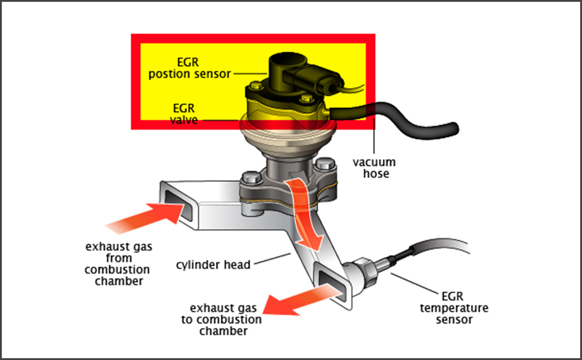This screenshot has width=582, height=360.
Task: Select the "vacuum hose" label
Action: (x=374, y=168)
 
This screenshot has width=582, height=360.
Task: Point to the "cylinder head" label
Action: (x=214, y=265)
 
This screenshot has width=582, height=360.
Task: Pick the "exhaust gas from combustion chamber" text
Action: (x=118, y=264)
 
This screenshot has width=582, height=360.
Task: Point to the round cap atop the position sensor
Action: (x=287, y=60)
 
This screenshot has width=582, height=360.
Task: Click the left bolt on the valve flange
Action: (x=250, y=178)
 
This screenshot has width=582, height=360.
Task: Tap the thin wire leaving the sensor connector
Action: (x=354, y=90)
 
